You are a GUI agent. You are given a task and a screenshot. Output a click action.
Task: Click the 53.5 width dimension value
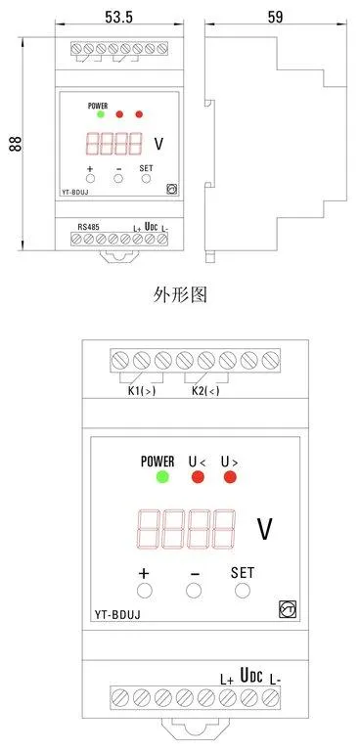pyautogui.click(x=118, y=17)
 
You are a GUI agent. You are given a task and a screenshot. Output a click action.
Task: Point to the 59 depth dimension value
pyautogui.click(x=275, y=17)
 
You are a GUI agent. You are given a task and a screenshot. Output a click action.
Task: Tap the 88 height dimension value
pyautogui.click(x=16, y=144)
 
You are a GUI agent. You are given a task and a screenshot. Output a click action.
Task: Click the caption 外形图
pyautogui.click(x=180, y=294)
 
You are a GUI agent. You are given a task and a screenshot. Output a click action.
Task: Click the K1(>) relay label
pyautogui.click(x=142, y=390)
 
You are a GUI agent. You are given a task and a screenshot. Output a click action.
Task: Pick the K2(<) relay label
pyautogui.click(x=205, y=390)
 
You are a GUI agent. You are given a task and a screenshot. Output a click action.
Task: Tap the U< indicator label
pyautogui.click(x=197, y=463)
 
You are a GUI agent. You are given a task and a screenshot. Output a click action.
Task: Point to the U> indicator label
pyautogui.click(x=230, y=463)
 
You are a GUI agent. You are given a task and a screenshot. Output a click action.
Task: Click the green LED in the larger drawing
pyautogui.click(x=162, y=477)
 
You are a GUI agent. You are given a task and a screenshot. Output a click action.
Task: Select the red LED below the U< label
pyautogui.click(x=198, y=477)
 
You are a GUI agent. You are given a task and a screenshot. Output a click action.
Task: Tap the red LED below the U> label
pyautogui.click(x=230, y=477)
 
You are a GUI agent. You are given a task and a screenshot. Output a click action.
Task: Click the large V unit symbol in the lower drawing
pyautogui.click(x=265, y=530)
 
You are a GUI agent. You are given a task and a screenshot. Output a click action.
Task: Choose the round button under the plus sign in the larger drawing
pyautogui.click(x=144, y=591)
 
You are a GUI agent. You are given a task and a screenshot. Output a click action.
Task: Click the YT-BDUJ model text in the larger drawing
pyautogui.click(x=117, y=614)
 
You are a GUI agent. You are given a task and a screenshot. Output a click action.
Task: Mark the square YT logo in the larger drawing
pyautogui.click(x=288, y=608)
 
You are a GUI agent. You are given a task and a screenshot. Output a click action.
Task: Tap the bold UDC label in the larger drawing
pyautogui.click(x=251, y=676)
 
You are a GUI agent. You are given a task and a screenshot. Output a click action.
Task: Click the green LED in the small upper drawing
pyautogui.click(x=100, y=114)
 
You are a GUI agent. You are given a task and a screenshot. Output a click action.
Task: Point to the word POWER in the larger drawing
pyautogui.click(x=157, y=462)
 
